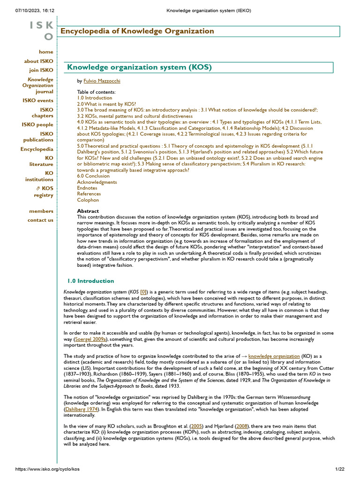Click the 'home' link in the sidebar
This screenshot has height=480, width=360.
coord(46,52)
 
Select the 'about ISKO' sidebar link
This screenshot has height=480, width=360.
coord(38,61)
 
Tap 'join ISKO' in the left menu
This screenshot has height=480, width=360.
coord(41,70)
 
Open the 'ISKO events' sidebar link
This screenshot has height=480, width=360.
coord(37,100)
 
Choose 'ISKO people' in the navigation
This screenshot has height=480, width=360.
coord(37,125)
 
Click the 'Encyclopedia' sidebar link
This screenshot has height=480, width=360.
coord(37,149)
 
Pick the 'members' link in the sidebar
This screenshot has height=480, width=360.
coord(41,211)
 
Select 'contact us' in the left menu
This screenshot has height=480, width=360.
coord(40,220)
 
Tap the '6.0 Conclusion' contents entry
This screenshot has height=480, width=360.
coord(93,176)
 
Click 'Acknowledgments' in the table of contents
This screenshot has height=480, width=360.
coord(97,182)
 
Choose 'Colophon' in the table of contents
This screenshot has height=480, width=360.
coord(88,200)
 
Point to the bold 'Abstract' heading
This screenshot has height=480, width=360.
coord(88,211)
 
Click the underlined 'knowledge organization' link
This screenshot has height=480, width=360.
coord(274,356)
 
